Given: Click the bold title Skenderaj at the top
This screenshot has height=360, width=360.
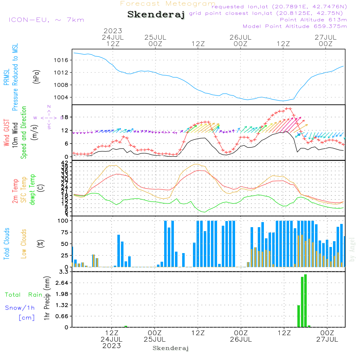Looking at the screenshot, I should click(156, 15).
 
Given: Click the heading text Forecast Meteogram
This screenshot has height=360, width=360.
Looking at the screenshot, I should click(168, 4).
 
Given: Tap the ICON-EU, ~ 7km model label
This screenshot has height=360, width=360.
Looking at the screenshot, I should click(46, 20).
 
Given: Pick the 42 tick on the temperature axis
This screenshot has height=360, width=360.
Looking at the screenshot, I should click(64, 163).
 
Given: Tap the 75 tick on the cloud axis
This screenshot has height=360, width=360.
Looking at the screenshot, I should click(64, 232).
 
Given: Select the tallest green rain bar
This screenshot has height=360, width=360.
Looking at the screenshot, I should click(305, 301).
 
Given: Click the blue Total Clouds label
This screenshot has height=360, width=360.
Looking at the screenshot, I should click(6, 244).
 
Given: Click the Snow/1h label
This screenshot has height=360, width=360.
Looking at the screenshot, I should click(20, 308).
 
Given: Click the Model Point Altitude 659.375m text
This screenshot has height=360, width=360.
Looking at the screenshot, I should click(295, 26).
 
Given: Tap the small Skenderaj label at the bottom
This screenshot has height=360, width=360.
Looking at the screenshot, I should click(171, 348).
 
